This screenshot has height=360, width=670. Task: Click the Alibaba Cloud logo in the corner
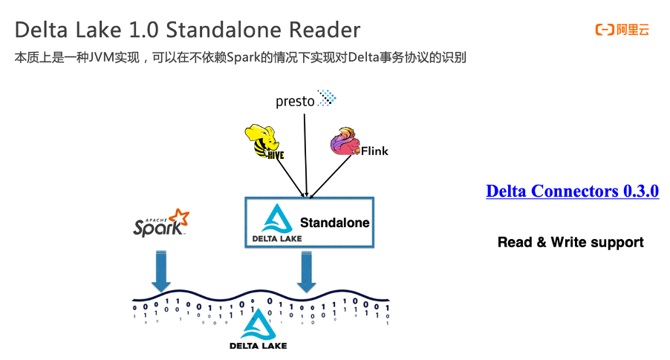point(622,30)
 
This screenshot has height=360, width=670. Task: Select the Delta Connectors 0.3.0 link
point(572,191)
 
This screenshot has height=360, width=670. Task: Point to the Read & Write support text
point(570,242)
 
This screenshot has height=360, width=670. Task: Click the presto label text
point(295,102)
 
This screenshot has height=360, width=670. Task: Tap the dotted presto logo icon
point(327,98)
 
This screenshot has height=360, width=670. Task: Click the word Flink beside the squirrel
point(374,151)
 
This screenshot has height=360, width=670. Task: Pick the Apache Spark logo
point(160,224)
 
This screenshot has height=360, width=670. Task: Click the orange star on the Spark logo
point(178,217)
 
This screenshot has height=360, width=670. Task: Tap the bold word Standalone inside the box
point(334,222)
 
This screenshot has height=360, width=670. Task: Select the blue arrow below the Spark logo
point(160,270)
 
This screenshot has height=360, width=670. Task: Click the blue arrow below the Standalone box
point(307,270)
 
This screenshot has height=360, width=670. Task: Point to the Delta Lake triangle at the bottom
point(258,324)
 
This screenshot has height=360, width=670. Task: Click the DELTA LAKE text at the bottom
point(258,345)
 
